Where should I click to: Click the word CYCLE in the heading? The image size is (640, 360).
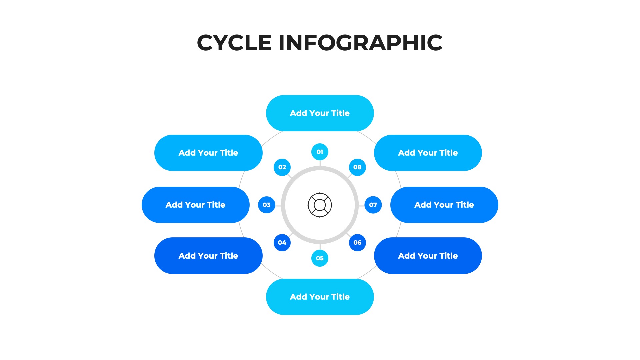pos(234,43)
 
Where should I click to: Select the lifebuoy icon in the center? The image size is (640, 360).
pos(320,205)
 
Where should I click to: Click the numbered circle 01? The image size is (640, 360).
pos(320,152)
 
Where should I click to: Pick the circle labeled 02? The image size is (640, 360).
pos(282,167)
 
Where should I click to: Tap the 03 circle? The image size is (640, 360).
pos(266,205)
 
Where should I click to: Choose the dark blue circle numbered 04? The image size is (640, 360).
pos(282,243)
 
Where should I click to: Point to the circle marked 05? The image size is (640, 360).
pos(320,258)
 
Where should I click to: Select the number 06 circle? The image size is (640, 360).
pos(357,243)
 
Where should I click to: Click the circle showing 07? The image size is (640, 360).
pos(373,205)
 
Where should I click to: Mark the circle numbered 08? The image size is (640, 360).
pos(357,167)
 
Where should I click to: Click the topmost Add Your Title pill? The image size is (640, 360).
pos(320,113)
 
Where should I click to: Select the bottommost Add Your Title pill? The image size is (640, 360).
pos(320,297)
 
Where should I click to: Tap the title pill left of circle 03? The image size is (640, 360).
pos(196,205)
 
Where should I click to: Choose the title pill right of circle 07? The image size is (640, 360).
pos(444,205)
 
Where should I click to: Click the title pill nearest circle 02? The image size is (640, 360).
pos(208,153)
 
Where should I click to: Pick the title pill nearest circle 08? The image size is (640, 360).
pos(428,153)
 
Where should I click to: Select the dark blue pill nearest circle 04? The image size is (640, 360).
pos(208,256)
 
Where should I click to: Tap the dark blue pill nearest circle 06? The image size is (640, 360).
pos(428,256)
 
